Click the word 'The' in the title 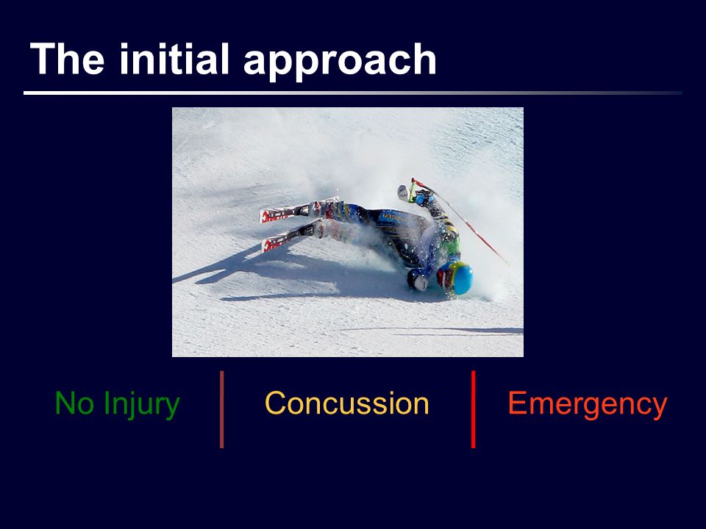pyautogui.click(x=67, y=59)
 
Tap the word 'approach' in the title pyautogui.click(x=340, y=62)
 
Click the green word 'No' pyautogui.click(x=74, y=403)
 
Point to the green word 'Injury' pyautogui.click(x=141, y=406)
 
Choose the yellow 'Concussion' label pyautogui.click(x=346, y=403)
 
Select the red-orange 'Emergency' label pyautogui.click(x=588, y=406)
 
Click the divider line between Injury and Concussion pyautogui.click(x=221, y=409)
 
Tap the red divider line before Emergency pyautogui.click(x=473, y=409)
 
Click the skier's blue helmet pyautogui.click(x=456, y=278)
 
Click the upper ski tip pyautogui.click(x=265, y=215)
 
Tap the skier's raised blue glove pyautogui.click(x=424, y=198)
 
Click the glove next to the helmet pyautogui.click(x=418, y=280)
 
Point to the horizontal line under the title pyautogui.click(x=353, y=93)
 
